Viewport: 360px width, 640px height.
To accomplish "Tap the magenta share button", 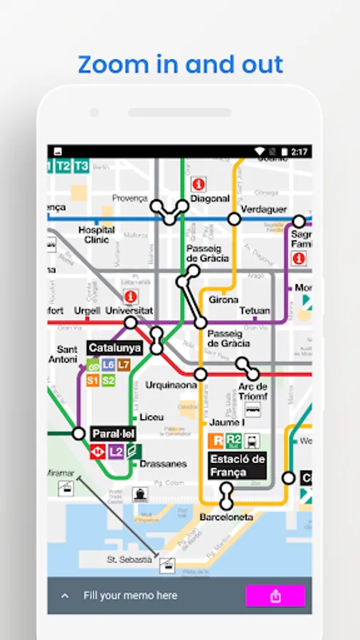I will [275, 596].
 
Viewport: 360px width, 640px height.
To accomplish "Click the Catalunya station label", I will [115, 348].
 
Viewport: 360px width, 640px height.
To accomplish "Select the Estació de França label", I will [238, 465].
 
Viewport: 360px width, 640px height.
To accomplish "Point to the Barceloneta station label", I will [226, 517].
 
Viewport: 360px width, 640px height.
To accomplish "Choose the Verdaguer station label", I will [264, 209].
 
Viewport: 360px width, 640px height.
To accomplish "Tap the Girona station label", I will [223, 300].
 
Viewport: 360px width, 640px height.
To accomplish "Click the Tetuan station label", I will [254, 311].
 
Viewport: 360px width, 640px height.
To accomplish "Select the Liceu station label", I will [152, 417].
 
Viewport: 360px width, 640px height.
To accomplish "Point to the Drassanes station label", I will [163, 464].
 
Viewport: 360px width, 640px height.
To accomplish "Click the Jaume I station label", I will [225, 422].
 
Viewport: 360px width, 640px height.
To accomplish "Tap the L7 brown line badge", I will [124, 365].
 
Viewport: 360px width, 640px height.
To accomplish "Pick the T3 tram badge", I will [81, 166].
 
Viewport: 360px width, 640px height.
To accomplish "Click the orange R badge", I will [216, 440].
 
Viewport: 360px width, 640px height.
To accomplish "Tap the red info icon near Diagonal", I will [200, 183].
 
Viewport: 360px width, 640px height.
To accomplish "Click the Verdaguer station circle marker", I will [233, 219].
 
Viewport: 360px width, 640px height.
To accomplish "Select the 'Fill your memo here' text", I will [130, 595].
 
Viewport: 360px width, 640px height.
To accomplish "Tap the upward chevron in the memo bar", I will [65, 596].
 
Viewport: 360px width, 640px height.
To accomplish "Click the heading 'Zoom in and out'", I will [180, 64].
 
